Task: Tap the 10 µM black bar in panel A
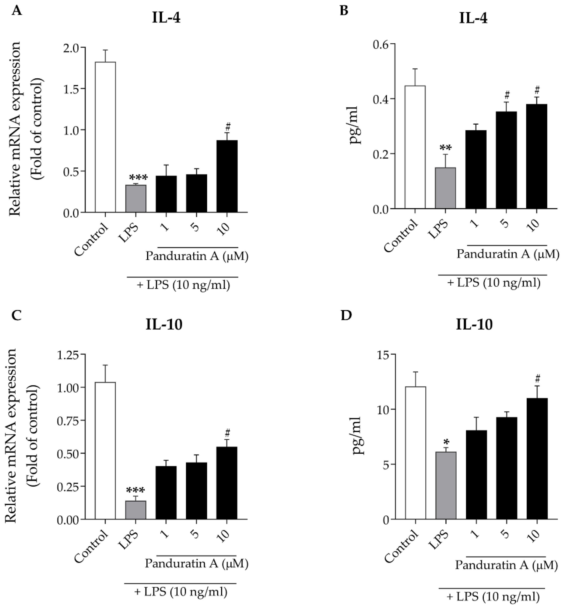pyautogui.click(x=227, y=176)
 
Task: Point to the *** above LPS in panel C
pyautogui.click(x=136, y=491)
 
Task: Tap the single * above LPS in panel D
pyautogui.click(x=446, y=443)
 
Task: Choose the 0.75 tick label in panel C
pyautogui.click(x=68, y=420)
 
